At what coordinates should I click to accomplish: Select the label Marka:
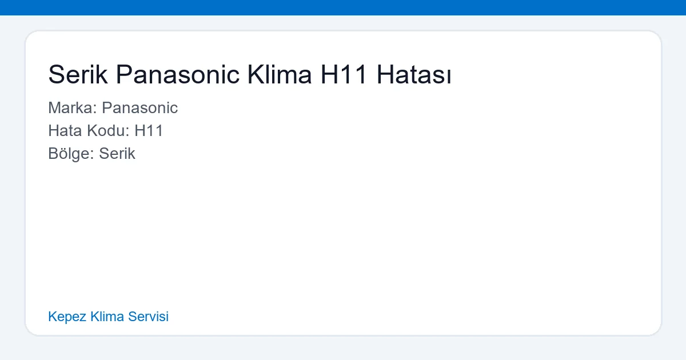click(73, 108)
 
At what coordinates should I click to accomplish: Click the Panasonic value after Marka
click(140, 108)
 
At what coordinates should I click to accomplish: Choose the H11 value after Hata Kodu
click(149, 131)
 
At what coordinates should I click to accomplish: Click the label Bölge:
click(71, 154)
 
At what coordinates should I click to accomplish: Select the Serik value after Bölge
click(117, 154)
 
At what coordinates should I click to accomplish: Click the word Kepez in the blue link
click(67, 317)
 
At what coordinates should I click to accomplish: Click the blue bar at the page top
click(343, 7)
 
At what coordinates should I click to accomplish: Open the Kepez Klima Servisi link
click(109, 317)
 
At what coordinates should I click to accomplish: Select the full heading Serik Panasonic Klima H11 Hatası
click(250, 75)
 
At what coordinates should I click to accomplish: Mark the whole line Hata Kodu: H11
click(106, 131)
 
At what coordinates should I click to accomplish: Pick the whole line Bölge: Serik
click(91, 154)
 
